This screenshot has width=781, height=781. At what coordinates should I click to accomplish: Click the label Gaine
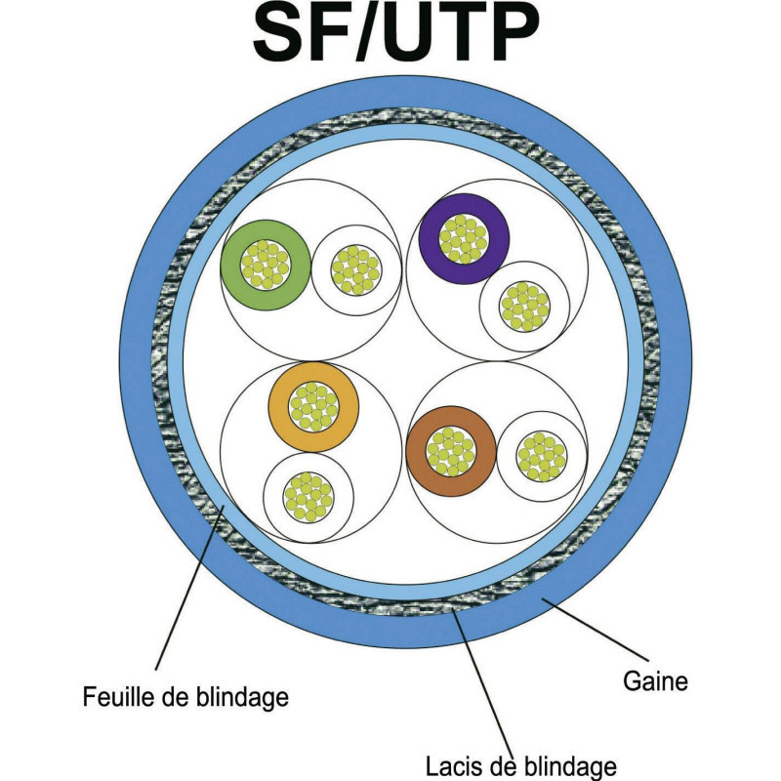point(653,680)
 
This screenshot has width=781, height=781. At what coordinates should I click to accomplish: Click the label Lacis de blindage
point(520,762)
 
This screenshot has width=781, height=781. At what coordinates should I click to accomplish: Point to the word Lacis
point(453,762)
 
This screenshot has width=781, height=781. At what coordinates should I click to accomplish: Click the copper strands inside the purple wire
point(464,239)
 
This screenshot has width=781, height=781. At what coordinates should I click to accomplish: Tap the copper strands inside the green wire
point(265,265)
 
